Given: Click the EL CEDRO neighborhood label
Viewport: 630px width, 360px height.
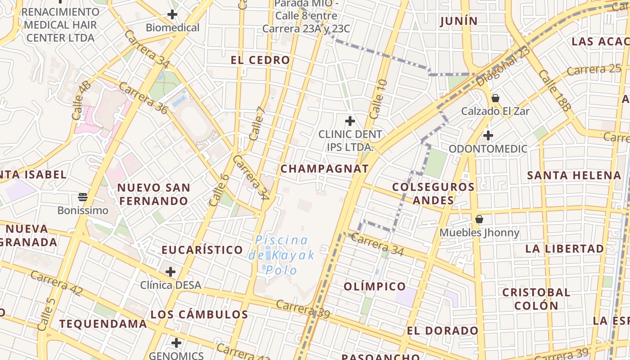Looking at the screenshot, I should [261, 60].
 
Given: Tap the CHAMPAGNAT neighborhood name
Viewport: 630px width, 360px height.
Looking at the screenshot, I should [324, 169].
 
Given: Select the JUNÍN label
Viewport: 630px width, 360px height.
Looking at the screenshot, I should [459, 21].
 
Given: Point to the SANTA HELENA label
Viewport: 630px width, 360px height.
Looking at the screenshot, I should [574, 175].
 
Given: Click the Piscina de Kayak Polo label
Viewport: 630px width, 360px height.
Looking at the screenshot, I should [282, 255].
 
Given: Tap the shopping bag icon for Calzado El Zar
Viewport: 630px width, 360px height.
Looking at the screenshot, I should [495, 98].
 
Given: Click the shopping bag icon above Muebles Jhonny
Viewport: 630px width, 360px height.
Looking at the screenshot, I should [479, 219].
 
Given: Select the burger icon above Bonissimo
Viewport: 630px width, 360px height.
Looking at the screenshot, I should [82, 197].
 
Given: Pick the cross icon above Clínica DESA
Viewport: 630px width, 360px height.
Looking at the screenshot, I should [171, 271].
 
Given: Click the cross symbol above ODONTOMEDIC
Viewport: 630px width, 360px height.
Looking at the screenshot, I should [488, 135].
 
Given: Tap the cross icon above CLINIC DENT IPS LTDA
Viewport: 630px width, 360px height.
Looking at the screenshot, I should [350, 121].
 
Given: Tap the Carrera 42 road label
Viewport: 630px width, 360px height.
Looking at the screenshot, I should [57, 284].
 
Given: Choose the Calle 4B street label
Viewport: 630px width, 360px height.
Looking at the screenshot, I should [81, 100].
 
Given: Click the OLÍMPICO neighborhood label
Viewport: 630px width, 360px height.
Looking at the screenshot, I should [374, 286].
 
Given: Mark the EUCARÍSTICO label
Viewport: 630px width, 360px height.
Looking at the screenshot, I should [202, 250].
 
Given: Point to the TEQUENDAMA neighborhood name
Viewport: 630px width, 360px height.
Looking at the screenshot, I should [103, 324].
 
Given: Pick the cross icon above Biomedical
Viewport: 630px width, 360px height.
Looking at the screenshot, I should [172, 14].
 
